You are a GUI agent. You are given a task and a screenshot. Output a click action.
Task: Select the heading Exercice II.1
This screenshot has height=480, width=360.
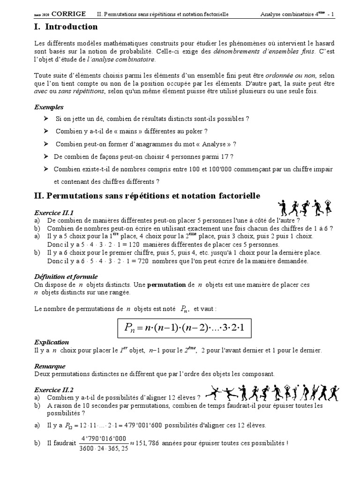pyautogui.click(x=54, y=212)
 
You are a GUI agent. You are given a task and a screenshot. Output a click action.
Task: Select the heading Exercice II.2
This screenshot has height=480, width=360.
pyautogui.click(x=54, y=389)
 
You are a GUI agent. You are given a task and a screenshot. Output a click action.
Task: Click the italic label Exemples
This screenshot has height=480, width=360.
pyautogui.click(x=49, y=107)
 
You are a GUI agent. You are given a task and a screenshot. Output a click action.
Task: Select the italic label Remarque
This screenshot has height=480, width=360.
pyautogui.click(x=50, y=366)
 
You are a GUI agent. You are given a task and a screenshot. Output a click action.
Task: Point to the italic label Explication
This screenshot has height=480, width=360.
pyautogui.click(x=52, y=342)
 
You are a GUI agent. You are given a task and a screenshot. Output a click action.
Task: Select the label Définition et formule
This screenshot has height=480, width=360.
pyautogui.click(x=66, y=277)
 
